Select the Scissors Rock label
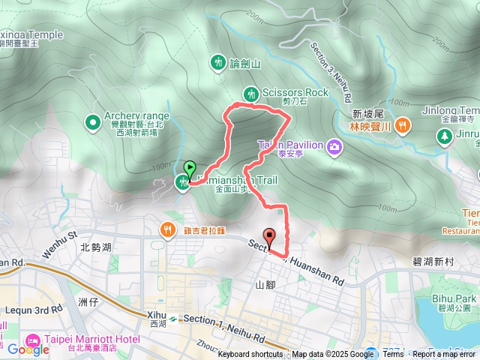(295, 92)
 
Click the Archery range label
(137, 115)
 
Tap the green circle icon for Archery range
(92, 121)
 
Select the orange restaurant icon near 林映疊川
(403, 125)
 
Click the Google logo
(28, 349)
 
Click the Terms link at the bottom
(393, 354)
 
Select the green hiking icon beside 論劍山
(218, 61)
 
